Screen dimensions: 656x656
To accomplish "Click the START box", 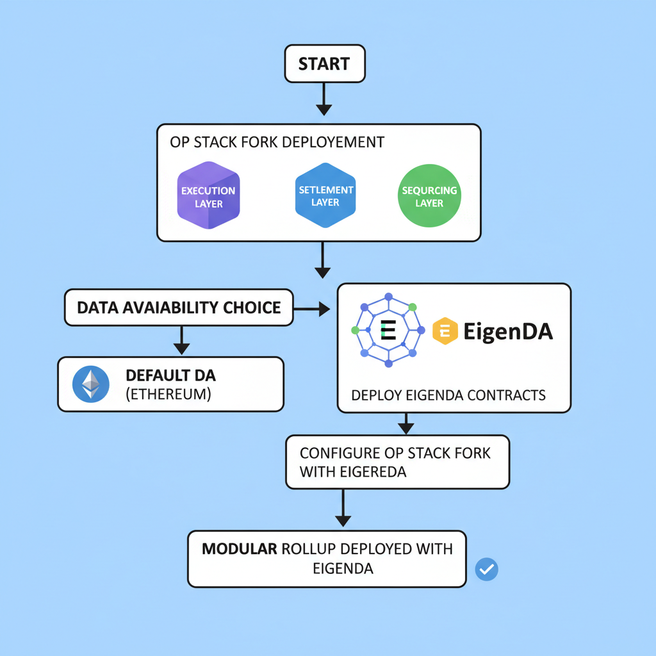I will tap(324, 64).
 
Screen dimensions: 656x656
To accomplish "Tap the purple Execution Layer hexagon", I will tap(208, 197).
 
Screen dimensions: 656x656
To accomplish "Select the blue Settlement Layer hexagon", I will tap(325, 196).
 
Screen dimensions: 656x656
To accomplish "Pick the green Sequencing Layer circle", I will tap(429, 197).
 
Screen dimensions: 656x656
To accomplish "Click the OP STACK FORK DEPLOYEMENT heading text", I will tap(277, 142).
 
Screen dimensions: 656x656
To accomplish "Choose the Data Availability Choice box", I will tap(179, 307).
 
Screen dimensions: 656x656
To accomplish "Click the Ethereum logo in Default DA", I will tap(90, 384).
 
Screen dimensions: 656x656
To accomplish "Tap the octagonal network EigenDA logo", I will tap(388, 331).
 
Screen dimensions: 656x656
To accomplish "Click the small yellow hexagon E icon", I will tap(445, 331).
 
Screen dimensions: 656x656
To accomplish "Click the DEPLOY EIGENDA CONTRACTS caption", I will tap(448, 395).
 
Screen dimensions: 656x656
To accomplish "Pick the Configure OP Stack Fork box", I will tap(397, 462).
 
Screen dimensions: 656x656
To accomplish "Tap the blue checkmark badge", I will tap(487, 568).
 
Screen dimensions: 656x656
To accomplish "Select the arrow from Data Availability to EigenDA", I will tap(311, 309).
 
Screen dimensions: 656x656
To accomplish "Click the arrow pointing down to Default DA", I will tap(182, 340).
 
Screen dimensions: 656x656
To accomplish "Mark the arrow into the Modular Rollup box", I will tap(343, 509).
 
